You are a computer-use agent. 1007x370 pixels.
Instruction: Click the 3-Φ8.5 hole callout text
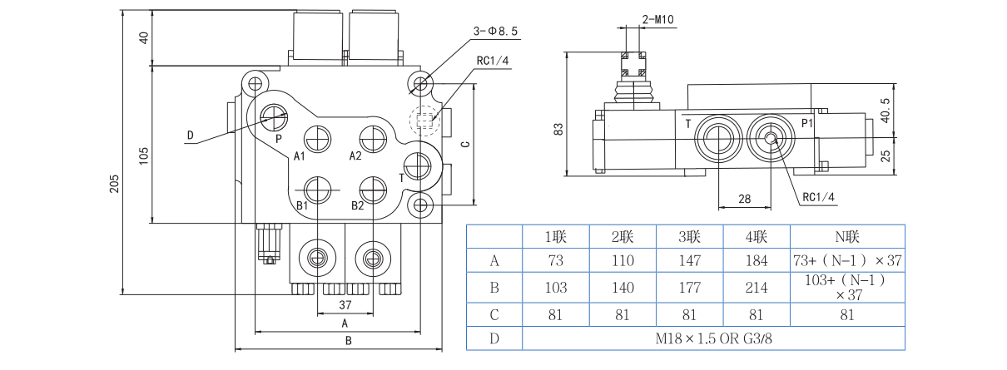[x=496, y=31]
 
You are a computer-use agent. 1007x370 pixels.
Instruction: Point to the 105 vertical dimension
[x=143, y=154]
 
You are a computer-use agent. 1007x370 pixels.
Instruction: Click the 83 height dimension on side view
[x=558, y=129]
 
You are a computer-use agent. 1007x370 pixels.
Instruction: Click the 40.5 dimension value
[x=885, y=111]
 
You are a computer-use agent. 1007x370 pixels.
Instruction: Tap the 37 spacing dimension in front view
[x=344, y=305]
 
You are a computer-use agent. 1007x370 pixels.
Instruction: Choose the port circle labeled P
[x=273, y=117]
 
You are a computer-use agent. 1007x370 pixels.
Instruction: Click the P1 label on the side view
[x=806, y=123]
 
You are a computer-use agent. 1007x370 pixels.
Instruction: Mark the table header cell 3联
[x=690, y=237]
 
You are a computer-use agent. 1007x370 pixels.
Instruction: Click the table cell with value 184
[x=756, y=261]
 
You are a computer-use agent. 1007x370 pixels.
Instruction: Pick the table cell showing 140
[x=622, y=289]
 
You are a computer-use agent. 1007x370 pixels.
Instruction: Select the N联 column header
[x=846, y=237]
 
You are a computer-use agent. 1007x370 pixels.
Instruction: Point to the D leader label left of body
[x=190, y=136]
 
